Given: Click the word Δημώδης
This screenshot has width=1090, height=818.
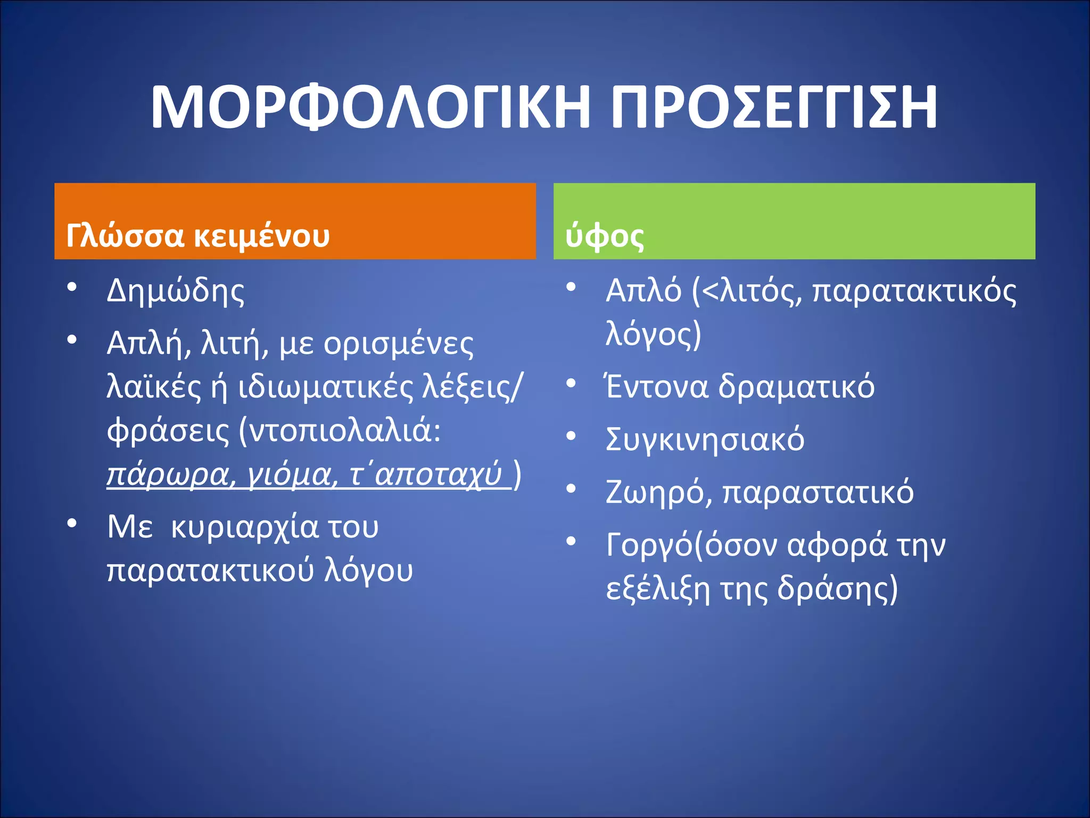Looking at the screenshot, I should pyautogui.click(x=176, y=292).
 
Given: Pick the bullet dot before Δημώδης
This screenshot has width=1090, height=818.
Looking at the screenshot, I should pyautogui.click(x=72, y=288).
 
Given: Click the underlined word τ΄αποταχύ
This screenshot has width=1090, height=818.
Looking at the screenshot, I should pyautogui.click(x=426, y=474).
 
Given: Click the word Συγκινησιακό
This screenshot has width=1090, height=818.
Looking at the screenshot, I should pyautogui.click(x=705, y=440).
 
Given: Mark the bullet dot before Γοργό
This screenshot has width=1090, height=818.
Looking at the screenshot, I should pyautogui.click(x=571, y=541).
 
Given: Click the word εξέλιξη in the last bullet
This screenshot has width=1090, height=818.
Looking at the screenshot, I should pyautogui.click(x=658, y=589).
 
